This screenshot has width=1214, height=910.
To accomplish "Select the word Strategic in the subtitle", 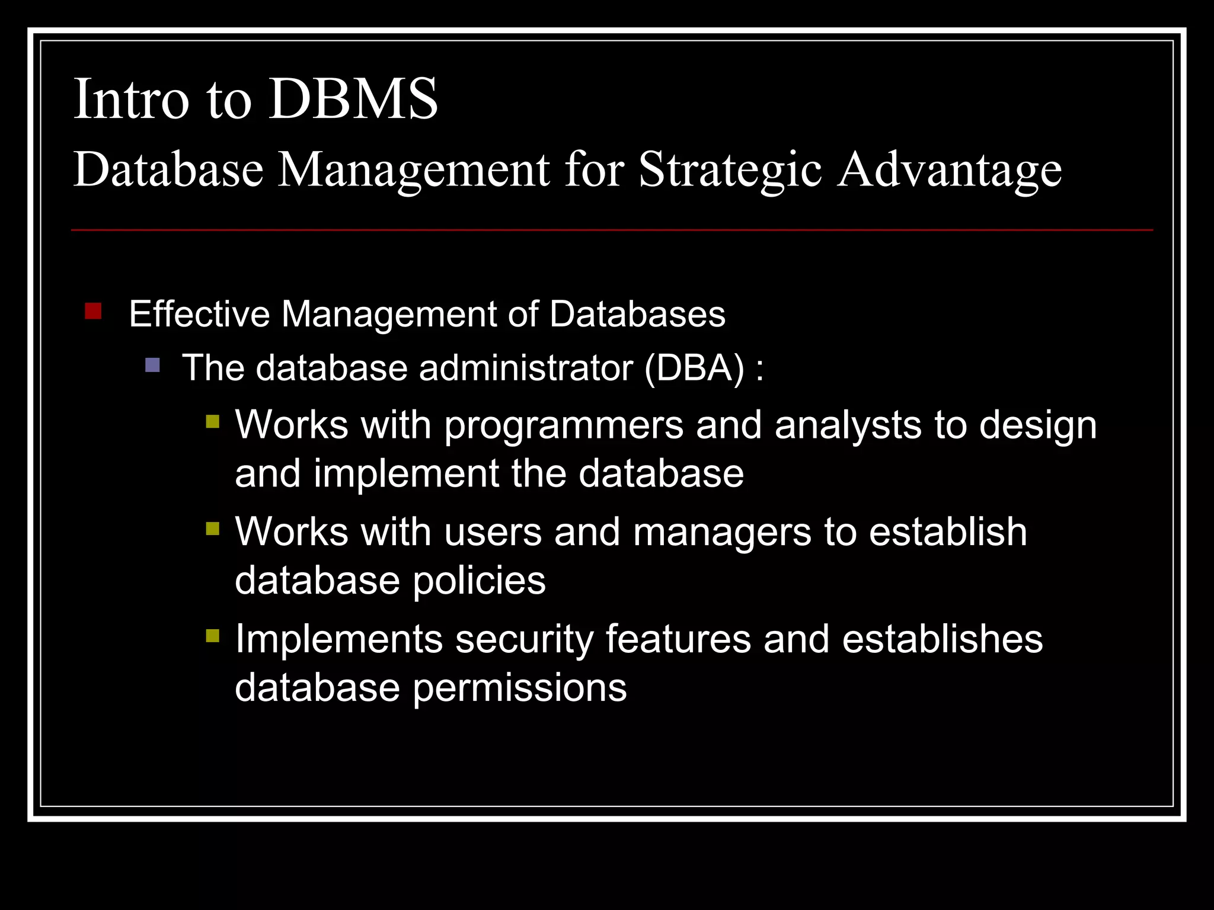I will point(730,171).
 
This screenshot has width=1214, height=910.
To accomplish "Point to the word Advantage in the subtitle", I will point(949,171).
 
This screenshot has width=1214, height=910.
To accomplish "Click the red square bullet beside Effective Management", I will point(93,311).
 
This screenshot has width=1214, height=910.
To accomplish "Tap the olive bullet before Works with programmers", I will point(213,421).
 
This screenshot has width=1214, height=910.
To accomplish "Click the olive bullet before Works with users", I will point(213,528).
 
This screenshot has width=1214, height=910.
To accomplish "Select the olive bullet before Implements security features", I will point(213,636).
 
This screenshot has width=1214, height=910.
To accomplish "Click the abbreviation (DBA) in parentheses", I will point(694,368).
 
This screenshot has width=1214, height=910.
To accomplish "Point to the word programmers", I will point(564,427).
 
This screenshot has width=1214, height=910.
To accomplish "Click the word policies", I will point(479,581).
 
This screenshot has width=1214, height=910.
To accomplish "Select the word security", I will point(524,640).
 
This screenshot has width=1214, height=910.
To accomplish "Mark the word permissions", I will point(519,689).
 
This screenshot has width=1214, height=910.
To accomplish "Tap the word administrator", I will point(526,368).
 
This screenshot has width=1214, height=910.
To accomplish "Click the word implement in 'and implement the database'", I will point(406,475).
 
